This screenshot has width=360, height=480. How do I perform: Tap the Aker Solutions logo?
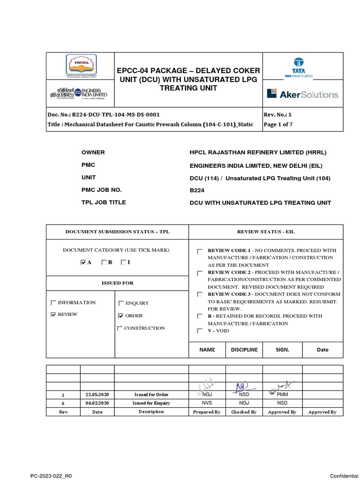click(302, 94)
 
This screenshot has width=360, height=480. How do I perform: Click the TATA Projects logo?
click(299, 67)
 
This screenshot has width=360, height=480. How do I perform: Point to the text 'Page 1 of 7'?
click(278, 125)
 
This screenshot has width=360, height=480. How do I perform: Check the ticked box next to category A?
click(84, 262)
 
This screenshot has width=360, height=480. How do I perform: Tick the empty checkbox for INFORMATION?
click(53, 303)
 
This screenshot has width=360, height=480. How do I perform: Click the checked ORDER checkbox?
click(121, 316)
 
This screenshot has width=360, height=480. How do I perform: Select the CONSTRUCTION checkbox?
click(120, 329)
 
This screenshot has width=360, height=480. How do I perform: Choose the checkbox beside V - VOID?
click(200, 331)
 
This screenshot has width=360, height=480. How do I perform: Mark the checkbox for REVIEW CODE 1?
click(200, 251)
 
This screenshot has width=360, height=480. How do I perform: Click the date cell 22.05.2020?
click(97, 394)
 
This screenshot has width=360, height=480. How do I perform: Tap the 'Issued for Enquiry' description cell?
click(151, 403)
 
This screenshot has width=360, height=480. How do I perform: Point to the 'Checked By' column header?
click(244, 412)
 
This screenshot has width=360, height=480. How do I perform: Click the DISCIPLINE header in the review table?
click(244, 350)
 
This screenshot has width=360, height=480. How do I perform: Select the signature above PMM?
click(281, 385)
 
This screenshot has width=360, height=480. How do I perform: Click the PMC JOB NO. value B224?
click(196, 190)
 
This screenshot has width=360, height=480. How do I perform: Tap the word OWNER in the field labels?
click(93, 153)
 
